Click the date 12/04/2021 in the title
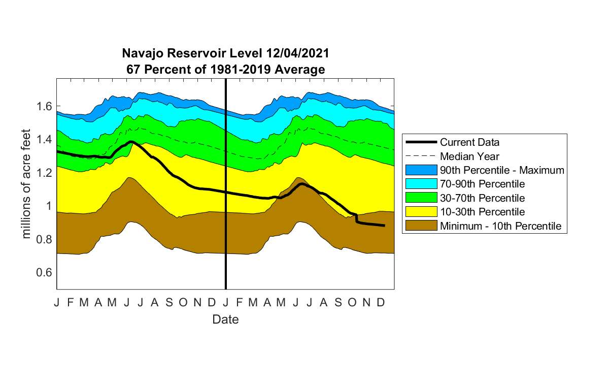pos(298,53)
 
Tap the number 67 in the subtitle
pos(132,70)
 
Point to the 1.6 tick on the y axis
pos(44,106)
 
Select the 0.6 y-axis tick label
pos(44,272)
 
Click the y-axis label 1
pos(49,206)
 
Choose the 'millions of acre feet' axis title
pos(26,184)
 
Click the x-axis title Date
pos(225,320)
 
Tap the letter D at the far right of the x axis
pos(381,302)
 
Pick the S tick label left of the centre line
pos(169,302)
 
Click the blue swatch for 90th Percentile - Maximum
pos(421,170)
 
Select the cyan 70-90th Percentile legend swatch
pos(421,184)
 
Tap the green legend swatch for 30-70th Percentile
pos(421,198)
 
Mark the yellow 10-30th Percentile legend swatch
pos(421,212)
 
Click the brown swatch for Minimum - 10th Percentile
pos(421,226)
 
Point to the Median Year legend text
pos(469,156)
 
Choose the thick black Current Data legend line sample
pos(421,142)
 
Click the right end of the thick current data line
pos(385,226)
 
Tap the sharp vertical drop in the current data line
pos(356,218)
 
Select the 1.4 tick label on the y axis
pos(44,139)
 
